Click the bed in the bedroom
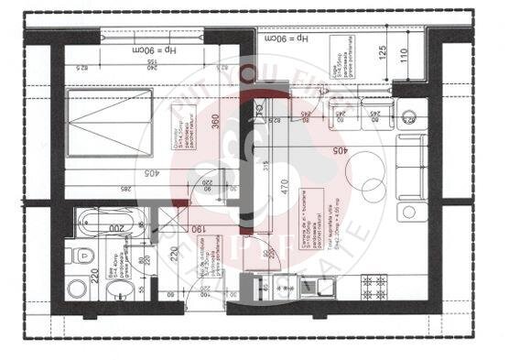(109, 122)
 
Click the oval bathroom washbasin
(117, 292)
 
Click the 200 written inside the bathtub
(117, 225)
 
